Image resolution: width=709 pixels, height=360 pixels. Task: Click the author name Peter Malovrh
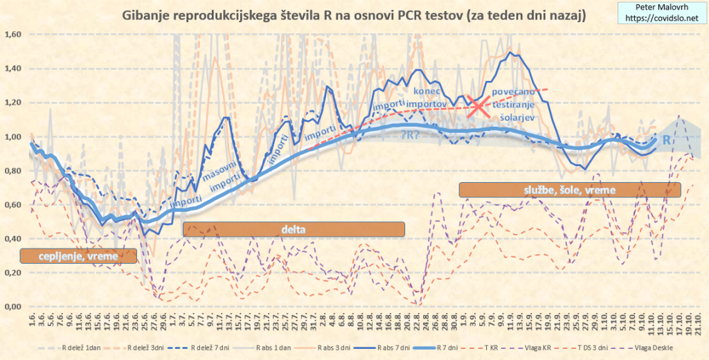[661, 7]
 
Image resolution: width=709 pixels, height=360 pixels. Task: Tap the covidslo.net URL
[661, 18]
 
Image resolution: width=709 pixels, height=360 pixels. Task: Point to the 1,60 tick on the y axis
[13, 35]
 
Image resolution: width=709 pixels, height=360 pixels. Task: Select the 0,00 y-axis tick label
[13, 307]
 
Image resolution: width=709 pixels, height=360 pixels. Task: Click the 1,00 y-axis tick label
[13, 136]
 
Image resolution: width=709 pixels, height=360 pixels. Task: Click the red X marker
[477, 106]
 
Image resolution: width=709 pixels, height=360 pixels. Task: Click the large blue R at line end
[667, 141]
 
